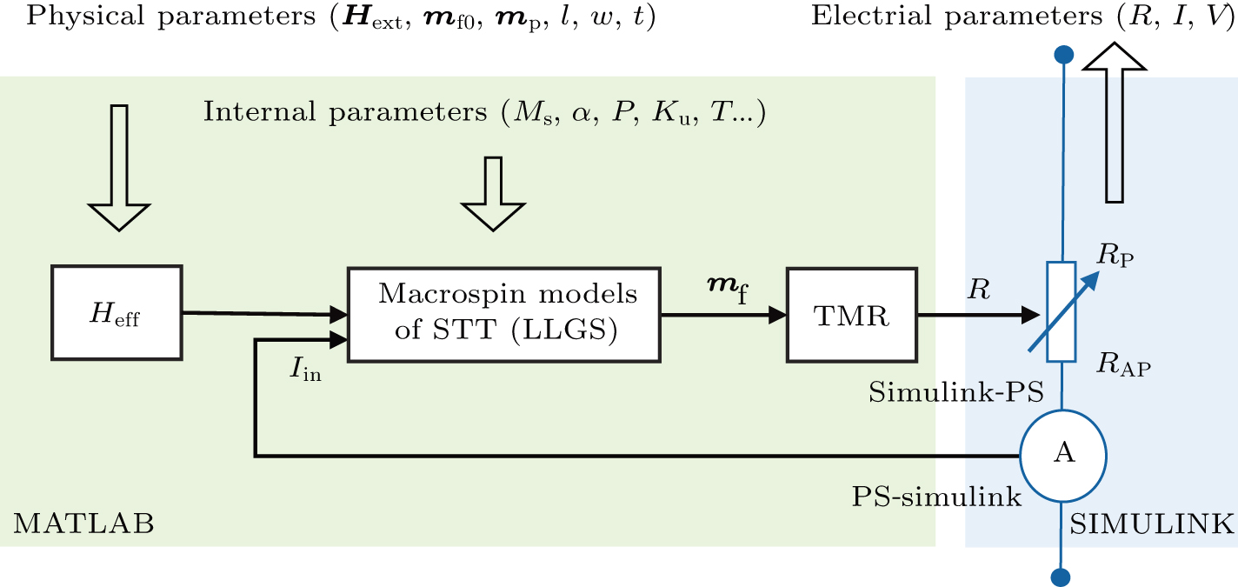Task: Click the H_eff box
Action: point(117,313)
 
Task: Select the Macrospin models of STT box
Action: point(504,314)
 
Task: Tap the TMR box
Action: point(851,314)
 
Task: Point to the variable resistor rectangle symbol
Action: point(1062,311)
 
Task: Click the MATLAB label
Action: point(83,524)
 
